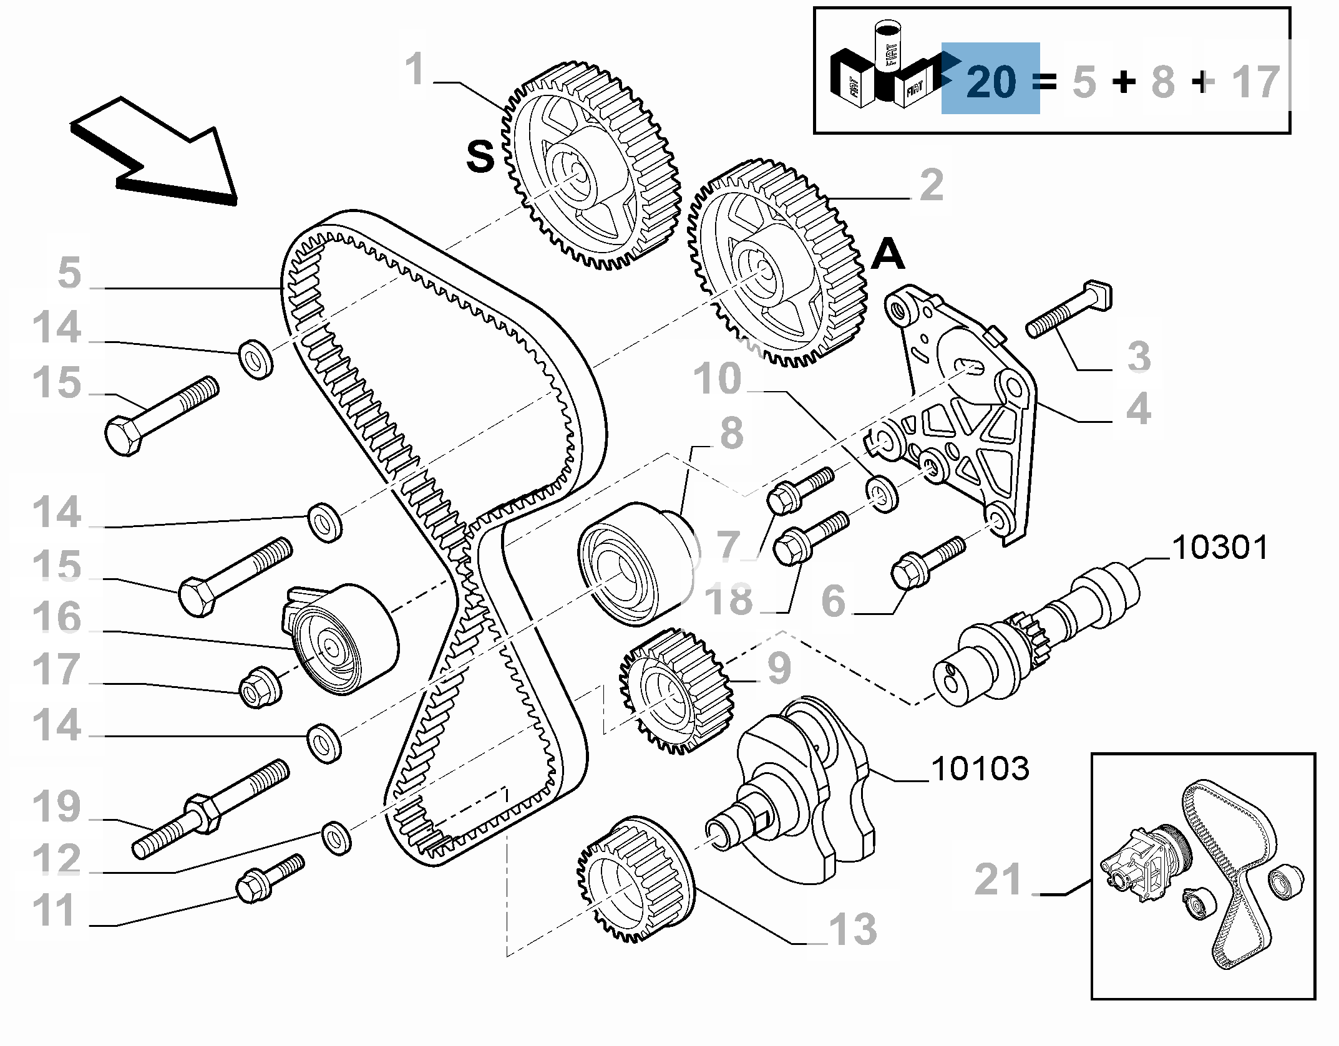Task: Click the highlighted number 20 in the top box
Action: [991, 82]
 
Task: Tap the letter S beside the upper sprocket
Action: [480, 156]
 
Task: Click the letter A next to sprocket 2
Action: [887, 254]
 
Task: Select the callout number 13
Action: [852, 929]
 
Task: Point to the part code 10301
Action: [1220, 548]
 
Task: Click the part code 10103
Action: [980, 768]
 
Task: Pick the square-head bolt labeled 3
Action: [1068, 309]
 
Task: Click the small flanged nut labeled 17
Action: [260, 687]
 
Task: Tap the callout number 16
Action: [56, 617]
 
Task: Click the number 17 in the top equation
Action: [1255, 82]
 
